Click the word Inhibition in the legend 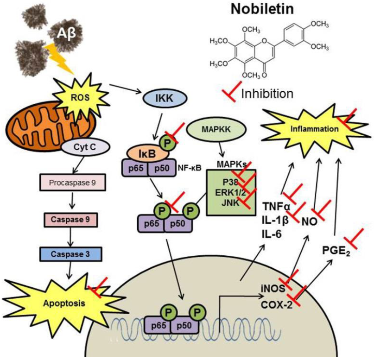click(x=267, y=94)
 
